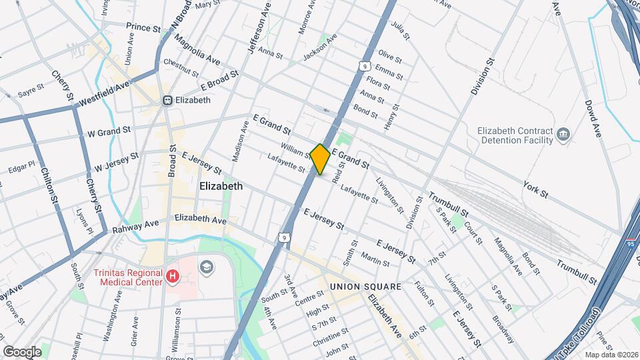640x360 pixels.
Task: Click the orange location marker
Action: (320, 159)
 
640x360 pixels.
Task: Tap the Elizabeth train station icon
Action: (167, 100)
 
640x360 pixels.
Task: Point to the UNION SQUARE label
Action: (366, 287)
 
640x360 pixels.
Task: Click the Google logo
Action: (22, 351)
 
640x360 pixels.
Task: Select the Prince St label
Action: (143, 28)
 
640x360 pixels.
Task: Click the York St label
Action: (535, 189)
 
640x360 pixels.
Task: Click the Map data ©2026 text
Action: (610, 355)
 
